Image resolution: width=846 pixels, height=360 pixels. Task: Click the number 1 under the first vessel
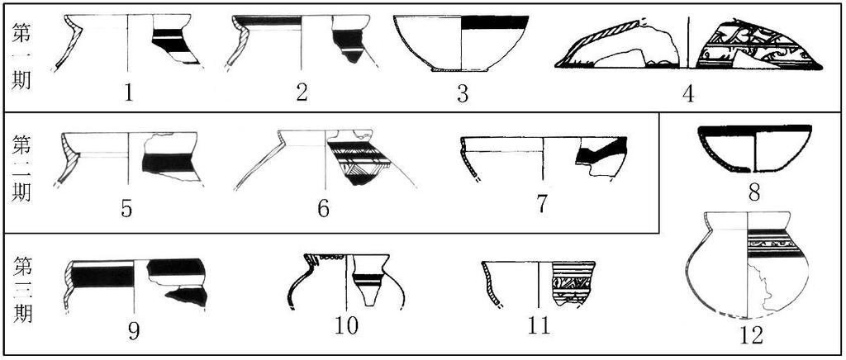tap(128, 92)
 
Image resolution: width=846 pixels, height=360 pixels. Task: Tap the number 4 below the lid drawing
tap(688, 93)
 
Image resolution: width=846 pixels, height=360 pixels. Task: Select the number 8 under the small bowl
tap(754, 192)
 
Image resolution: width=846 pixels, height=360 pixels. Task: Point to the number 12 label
tap(752, 336)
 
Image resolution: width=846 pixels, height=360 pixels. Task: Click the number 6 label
tap(323, 209)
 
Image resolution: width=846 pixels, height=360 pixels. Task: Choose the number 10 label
tap(346, 326)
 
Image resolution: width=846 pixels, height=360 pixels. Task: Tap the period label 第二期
tap(22, 168)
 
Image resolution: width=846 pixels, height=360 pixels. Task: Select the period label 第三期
tap(22, 289)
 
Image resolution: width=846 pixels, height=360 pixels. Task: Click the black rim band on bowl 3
tap(495, 22)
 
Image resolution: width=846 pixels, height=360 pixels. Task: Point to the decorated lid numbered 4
tap(688, 45)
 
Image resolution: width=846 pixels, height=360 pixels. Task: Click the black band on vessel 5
tap(167, 163)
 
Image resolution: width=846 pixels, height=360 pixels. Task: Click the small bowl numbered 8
tap(754, 149)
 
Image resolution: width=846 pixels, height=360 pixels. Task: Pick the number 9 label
tap(134, 331)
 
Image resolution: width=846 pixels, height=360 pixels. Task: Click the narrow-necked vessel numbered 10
tap(346, 281)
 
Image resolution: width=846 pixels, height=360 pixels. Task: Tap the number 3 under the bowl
tap(463, 93)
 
